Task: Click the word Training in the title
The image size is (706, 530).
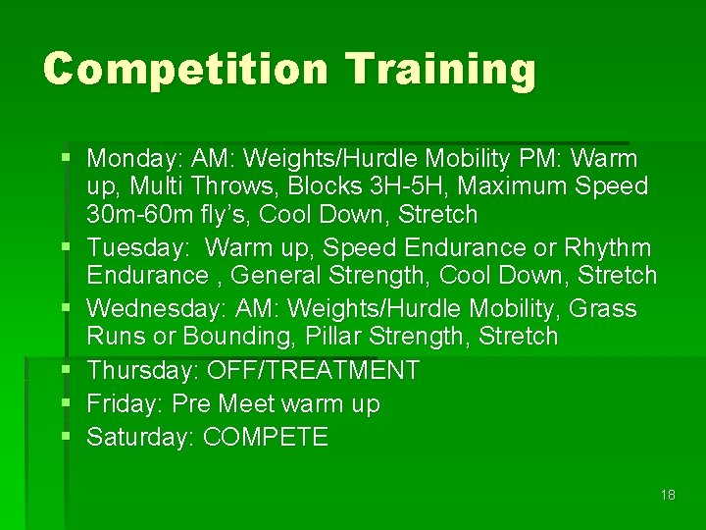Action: point(441,70)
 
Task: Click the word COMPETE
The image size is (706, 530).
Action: point(266,438)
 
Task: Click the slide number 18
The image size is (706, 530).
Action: point(668,495)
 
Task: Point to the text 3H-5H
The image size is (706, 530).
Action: point(429,186)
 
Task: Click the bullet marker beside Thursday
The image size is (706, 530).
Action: point(66,370)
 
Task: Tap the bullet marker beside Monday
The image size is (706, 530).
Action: point(66,157)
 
